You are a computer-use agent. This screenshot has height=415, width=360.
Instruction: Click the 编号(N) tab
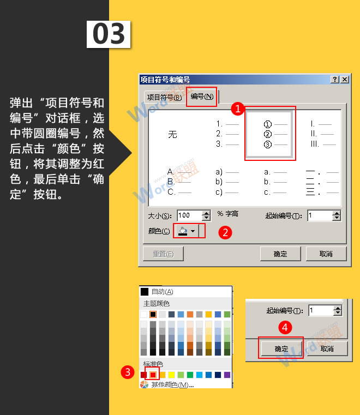202,97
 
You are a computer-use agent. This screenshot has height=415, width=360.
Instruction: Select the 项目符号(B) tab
163,97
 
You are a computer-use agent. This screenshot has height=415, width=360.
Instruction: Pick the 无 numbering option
172,134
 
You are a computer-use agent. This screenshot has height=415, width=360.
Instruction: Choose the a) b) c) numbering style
226,182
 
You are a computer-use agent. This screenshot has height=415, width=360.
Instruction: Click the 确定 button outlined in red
280,348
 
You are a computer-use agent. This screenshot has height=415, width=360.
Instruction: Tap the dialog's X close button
344,80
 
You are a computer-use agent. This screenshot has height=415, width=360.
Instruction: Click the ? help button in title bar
334,80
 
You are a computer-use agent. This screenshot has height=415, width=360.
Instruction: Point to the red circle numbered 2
225,232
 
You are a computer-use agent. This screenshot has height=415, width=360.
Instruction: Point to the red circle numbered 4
284,328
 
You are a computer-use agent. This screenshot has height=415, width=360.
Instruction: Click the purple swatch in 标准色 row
227,375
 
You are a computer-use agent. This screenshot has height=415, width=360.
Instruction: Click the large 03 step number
109,35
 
